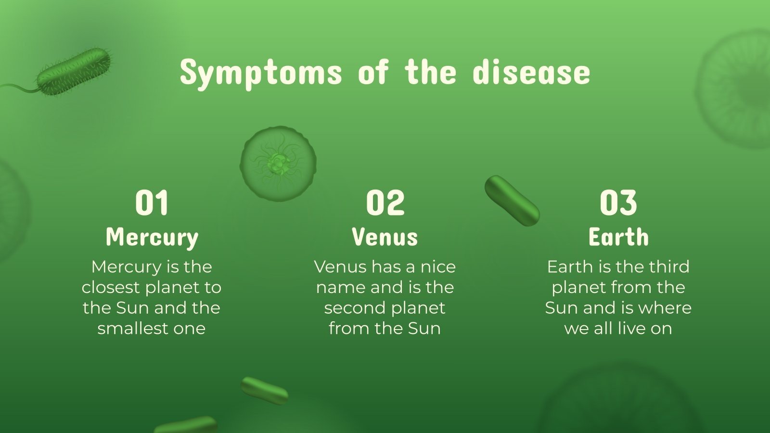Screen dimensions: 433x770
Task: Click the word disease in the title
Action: pyautogui.click(x=531, y=72)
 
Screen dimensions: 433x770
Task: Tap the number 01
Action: pyautogui.click(x=152, y=203)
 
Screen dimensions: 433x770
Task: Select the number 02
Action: pyautogui.click(x=385, y=203)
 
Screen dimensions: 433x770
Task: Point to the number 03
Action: pyautogui.click(x=618, y=203)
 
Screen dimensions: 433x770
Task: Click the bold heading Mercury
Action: pyautogui.click(x=152, y=237)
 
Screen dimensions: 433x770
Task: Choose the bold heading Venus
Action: pyautogui.click(x=385, y=237)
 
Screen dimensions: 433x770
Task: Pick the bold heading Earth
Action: pyautogui.click(x=618, y=237)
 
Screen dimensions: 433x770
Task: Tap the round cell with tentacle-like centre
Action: pyautogui.click(x=278, y=164)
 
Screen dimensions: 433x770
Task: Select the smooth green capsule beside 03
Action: pyautogui.click(x=512, y=201)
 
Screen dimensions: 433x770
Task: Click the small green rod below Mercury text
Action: pyautogui.click(x=264, y=390)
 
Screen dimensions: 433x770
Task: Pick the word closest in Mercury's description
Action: pyautogui.click(x=111, y=288)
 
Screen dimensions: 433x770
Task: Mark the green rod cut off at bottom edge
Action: pyautogui.click(x=186, y=426)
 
